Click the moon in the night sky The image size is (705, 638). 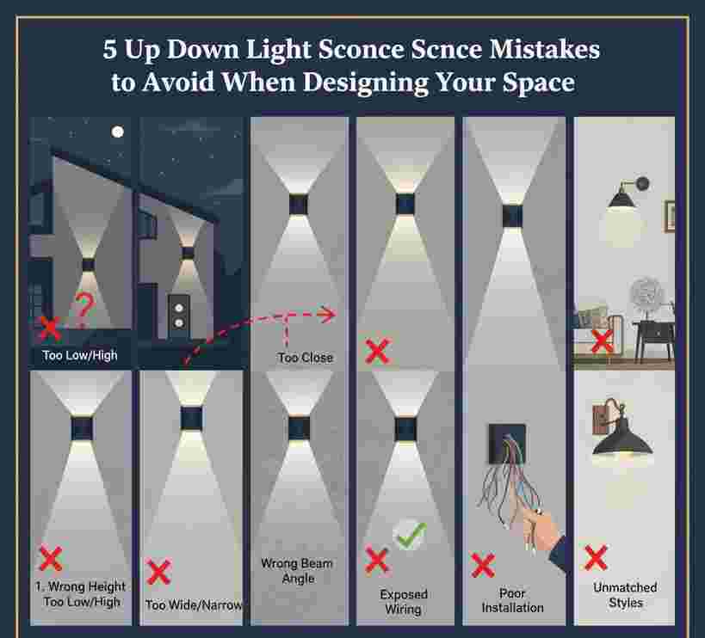click(x=117, y=132)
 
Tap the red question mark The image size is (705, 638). click(x=83, y=309)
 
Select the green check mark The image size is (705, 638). click(x=410, y=534)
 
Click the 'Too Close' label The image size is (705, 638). click(x=306, y=358)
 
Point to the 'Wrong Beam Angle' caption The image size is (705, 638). click(x=297, y=571)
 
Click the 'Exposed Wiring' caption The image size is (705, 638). click(x=404, y=602)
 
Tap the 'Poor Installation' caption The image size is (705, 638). click(x=512, y=600)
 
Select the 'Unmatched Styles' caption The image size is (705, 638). click(x=625, y=595)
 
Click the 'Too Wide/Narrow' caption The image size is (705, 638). click(x=194, y=605)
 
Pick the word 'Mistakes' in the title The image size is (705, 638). click(x=545, y=49)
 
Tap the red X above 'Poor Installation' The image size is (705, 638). click(x=483, y=565)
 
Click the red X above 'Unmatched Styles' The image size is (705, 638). click(x=597, y=558)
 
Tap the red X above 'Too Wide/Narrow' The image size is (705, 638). click(x=158, y=572)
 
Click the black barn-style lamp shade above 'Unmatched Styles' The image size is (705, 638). click(x=622, y=439)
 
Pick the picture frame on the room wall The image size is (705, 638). click(x=670, y=217)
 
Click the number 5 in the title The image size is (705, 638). click(x=109, y=49)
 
